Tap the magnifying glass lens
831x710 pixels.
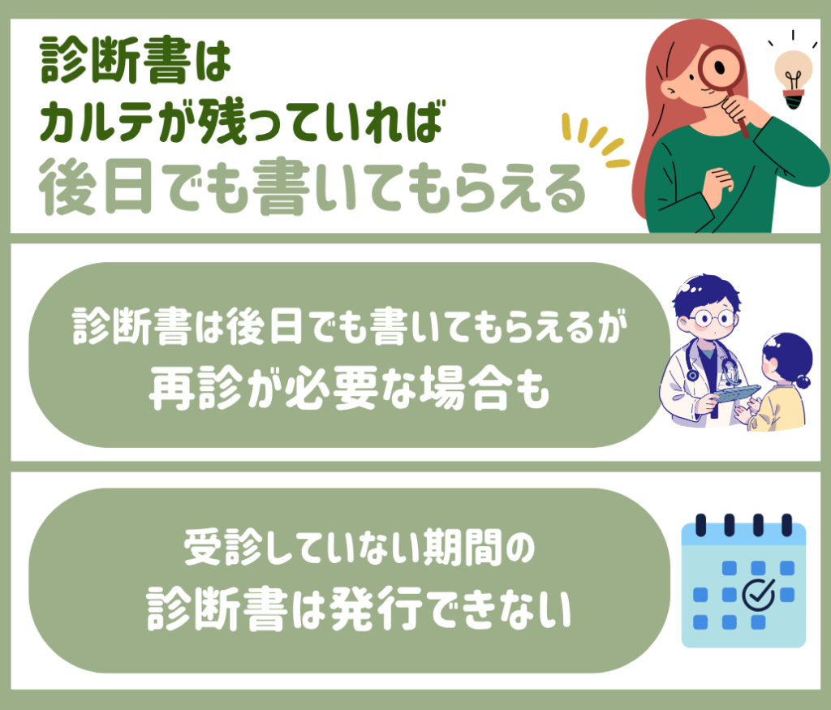(x=719, y=68)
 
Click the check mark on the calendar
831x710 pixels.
(x=759, y=594)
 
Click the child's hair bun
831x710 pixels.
(x=803, y=381)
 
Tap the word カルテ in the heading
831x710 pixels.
(x=97, y=123)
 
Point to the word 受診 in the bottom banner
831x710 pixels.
(x=222, y=548)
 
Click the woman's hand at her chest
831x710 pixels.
(x=719, y=183)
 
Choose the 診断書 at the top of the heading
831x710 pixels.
(x=115, y=60)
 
